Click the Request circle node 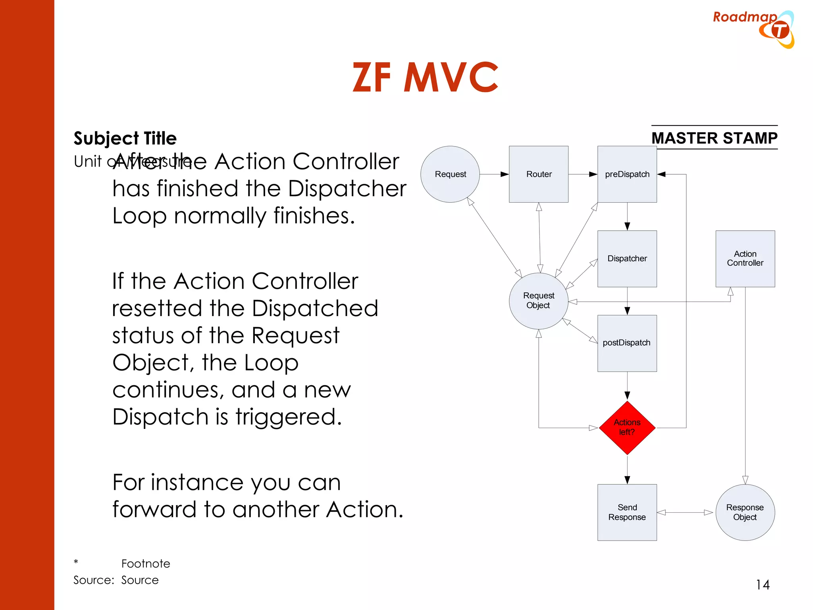pos(450,174)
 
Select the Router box pos(538,174)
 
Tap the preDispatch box pos(627,174)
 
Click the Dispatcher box pos(627,259)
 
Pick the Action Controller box pos(745,259)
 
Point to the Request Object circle pos(538,301)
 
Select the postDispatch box pos(627,343)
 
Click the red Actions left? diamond pos(627,428)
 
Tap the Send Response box pos(627,512)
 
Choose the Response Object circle pos(745,512)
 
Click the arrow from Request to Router pos(494,174)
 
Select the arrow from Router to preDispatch pos(583,174)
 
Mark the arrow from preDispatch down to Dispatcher pos(627,216)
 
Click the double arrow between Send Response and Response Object pos(686,512)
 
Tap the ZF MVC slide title pos(425,77)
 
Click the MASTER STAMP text pos(714,138)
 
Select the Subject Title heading pos(125,138)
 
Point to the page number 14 pos(762,585)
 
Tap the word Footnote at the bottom pos(146,564)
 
